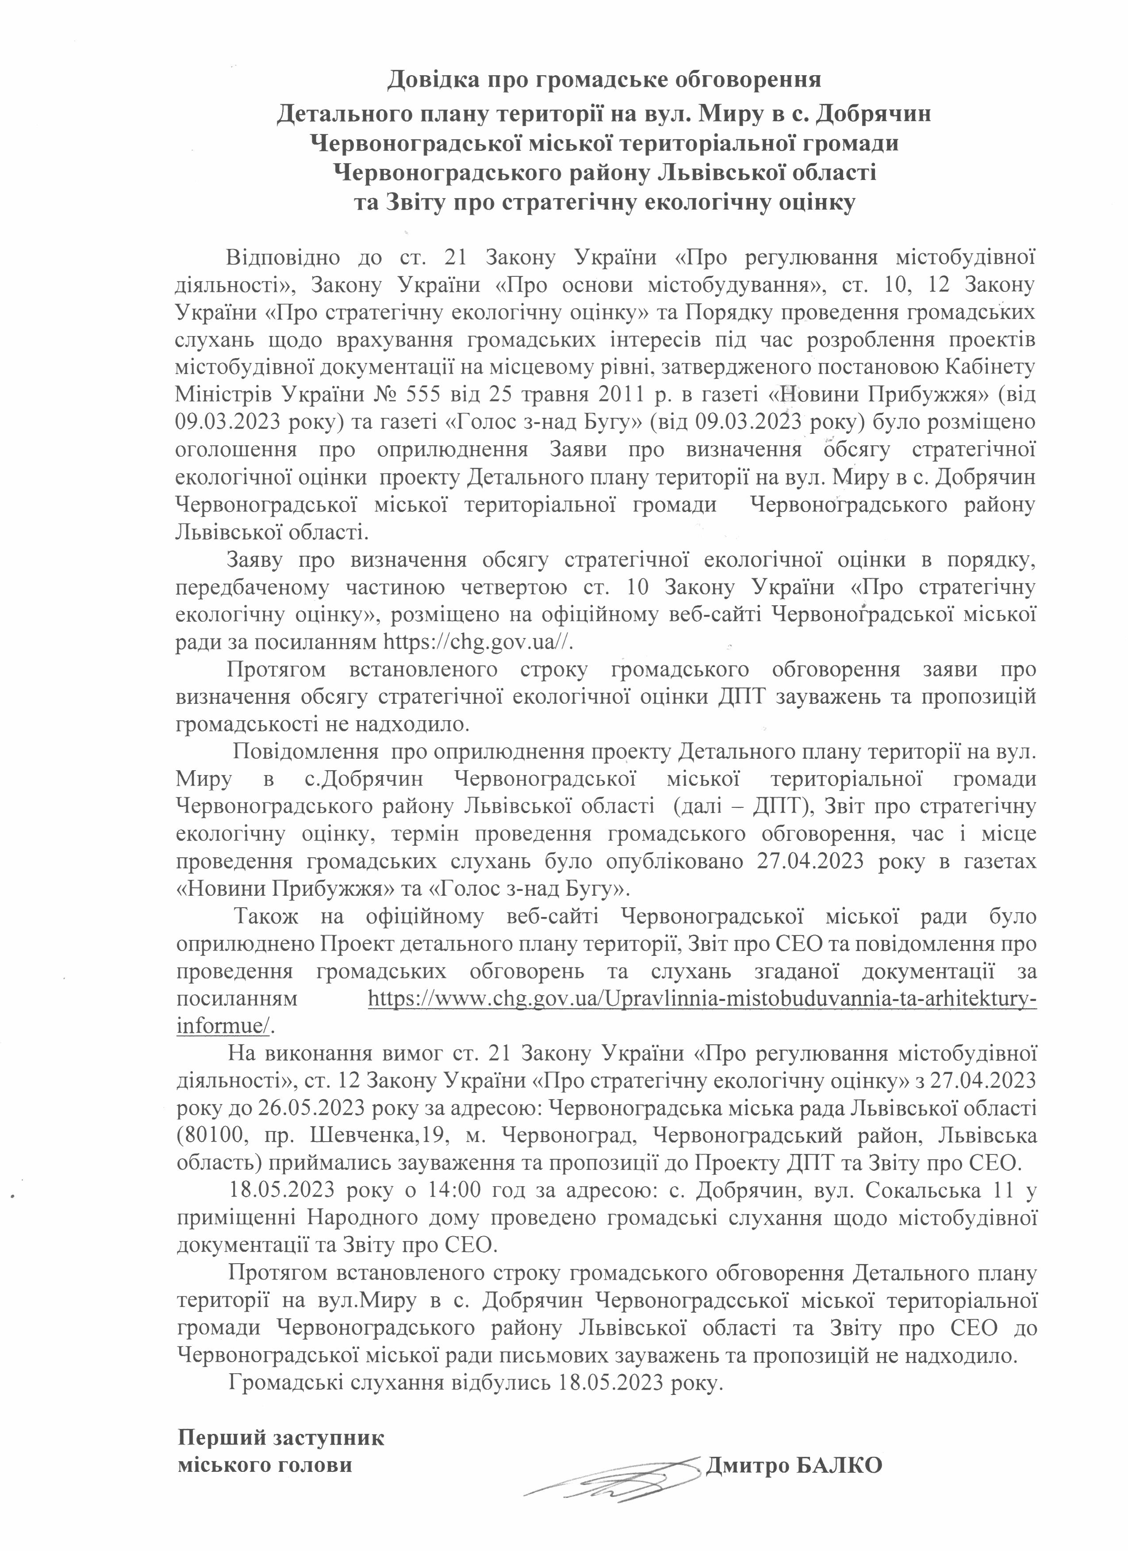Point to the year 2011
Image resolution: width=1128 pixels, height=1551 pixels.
[x=599, y=394]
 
